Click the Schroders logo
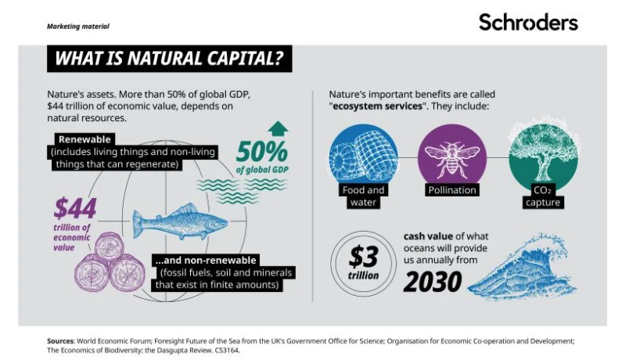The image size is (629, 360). pyautogui.click(x=528, y=22)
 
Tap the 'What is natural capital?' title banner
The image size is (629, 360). pyautogui.click(x=169, y=59)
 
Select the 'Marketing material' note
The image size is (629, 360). pyautogui.click(x=77, y=27)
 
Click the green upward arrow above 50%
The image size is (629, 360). pyautogui.click(x=278, y=129)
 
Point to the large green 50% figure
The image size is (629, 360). pyautogui.click(x=262, y=152)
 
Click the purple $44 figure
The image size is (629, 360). pyautogui.click(x=75, y=208)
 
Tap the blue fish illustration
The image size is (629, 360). pyautogui.click(x=180, y=221)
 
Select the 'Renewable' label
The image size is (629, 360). pyautogui.click(x=84, y=139)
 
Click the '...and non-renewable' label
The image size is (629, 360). pyautogui.click(x=206, y=260)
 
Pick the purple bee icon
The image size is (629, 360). pyautogui.click(x=452, y=160)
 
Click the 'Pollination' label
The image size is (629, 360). pyautogui.click(x=452, y=190)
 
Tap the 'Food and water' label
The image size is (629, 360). pyautogui.click(x=363, y=196)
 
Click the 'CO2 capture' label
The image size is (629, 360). pyautogui.click(x=543, y=196)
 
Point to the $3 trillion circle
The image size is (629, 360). pyautogui.click(x=364, y=263)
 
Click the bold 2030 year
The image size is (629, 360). pyautogui.click(x=433, y=282)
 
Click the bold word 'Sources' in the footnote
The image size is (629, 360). pyautogui.click(x=60, y=341)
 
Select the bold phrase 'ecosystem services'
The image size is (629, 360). pyautogui.click(x=378, y=106)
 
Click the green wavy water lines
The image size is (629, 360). pyautogui.click(x=242, y=190)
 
